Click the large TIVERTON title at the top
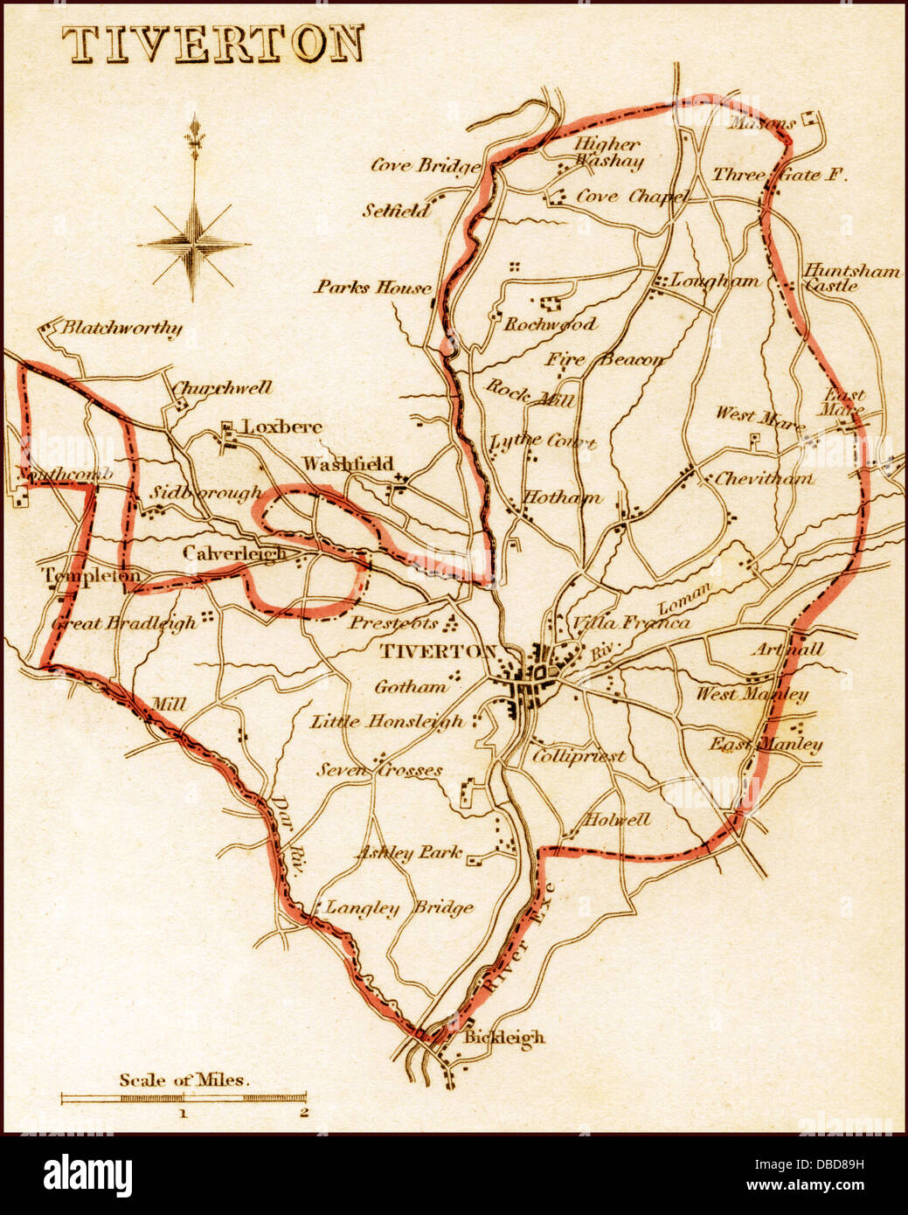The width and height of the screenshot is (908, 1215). [213, 45]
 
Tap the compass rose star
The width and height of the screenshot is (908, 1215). [194, 242]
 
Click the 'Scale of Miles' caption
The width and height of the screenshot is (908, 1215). [184, 1080]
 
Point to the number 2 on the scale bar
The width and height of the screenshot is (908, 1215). [303, 1113]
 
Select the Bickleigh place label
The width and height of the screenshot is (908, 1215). [503, 1038]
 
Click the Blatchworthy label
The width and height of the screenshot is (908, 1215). [121, 329]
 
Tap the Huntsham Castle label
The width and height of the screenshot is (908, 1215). [851, 277]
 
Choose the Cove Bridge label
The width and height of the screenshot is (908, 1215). [426, 165]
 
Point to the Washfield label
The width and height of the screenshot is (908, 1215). [348, 463]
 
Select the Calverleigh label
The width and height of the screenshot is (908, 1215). [234, 553]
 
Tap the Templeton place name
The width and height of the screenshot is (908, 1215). [91, 576]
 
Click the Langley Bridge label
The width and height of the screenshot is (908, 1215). [399, 908]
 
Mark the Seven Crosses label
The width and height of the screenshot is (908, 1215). [379, 770]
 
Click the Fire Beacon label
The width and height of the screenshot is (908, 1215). [605, 358]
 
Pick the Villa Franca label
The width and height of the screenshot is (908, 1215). [630, 622]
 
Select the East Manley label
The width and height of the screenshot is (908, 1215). [766, 745]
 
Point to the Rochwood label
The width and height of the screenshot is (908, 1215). [550, 324]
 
